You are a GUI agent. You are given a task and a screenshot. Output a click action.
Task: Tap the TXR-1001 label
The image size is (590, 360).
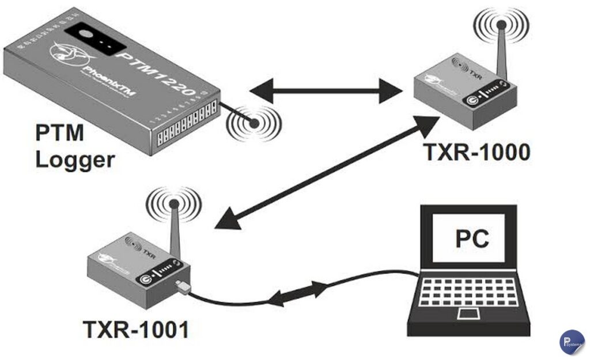[136, 329]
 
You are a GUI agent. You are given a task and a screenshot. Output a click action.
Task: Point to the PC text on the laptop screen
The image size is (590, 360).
[472, 238]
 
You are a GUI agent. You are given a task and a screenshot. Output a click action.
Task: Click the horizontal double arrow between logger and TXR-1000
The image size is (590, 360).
[326, 91]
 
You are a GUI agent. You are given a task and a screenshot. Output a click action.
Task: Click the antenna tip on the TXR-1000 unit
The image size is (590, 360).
[501, 25]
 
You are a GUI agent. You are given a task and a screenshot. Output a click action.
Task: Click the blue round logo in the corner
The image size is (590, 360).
[571, 341]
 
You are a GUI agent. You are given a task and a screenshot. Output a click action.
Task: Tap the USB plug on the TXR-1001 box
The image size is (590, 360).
[183, 286]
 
